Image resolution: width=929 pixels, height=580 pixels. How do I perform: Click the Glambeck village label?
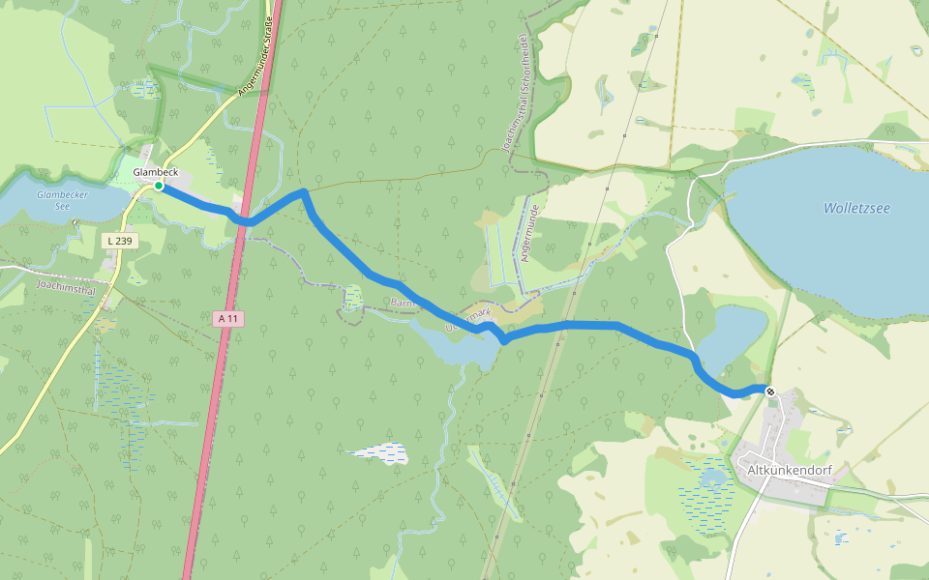pyautogui.click(x=155, y=172)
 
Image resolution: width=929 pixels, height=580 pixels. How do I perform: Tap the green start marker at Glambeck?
pyautogui.click(x=159, y=186)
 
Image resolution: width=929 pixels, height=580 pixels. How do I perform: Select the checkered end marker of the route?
pyautogui.click(x=770, y=391)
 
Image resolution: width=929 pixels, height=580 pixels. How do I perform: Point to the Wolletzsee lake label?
pyautogui.click(x=856, y=208)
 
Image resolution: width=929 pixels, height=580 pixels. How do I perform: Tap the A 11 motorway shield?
pyautogui.click(x=226, y=317)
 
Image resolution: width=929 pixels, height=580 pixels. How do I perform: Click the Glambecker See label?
pyautogui.click(x=54, y=200)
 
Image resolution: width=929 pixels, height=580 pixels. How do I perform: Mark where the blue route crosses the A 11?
pyautogui.click(x=242, y=220)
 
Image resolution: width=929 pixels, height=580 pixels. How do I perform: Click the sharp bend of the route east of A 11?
pyautogui.click(x=303, y=192)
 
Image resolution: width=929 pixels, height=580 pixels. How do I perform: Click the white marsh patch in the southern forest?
pyautogui.click(x=377, y=451)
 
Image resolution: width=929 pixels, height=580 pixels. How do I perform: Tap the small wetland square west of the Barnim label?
pyautogui.click(x=352, y=297)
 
